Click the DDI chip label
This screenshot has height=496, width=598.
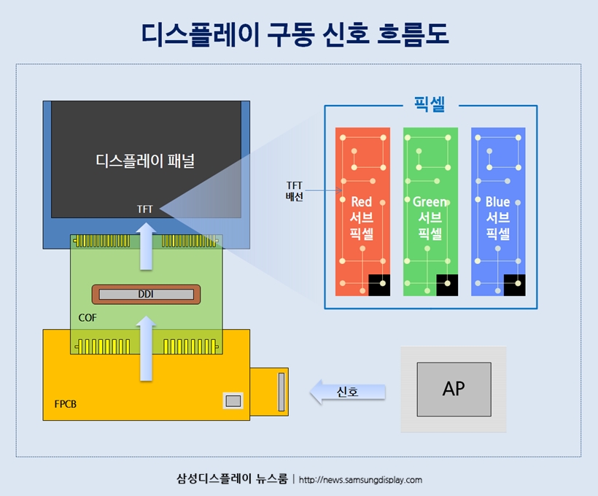pyautogui.click(x=146, y=294)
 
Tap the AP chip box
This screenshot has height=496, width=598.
pyautogui.click(x=454, y=390)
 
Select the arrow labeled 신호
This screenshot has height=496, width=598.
pyautogui.click(x=347, y=392)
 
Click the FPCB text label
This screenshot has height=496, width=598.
pyautogui.click(x=65, y=404)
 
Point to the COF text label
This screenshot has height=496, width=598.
pyautogui.click(x=88, y=318)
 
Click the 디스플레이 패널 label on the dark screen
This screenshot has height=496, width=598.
pyautogui.click(x=145, y=160)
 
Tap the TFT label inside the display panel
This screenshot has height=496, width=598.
pyautogui.click(x=145, y=209)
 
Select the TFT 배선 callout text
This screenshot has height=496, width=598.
pyautogui.click(x=295, y=191)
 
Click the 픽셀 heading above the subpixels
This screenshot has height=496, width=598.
pyautogui.click(x=430, y=104)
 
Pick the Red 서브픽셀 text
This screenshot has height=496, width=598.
pyautogui.click(x=362, y=217)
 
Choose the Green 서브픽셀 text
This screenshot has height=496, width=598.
pyautogui.click(x=430, y=217)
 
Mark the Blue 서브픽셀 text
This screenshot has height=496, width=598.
pyautogui.click(x=497, y=217)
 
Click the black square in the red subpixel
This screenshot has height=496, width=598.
pyautogui.click(x=379, y=285)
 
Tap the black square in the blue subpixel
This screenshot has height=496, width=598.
pyautogui.click(x=514, y=285)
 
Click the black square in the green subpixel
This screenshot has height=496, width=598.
pyautogui.click(x=447, y=285)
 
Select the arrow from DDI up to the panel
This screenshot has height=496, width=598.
pyautogui.click(x=147, y=247)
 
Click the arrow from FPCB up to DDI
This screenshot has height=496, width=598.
pyautogui.click(x=147, y=349)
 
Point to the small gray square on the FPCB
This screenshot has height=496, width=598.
pyautogui.click(x=233, y=401)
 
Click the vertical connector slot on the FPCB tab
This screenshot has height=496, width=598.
pyautogui.click(x=281, y=392)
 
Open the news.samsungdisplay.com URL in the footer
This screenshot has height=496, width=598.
pyautogui.click(x=360, y=480)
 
